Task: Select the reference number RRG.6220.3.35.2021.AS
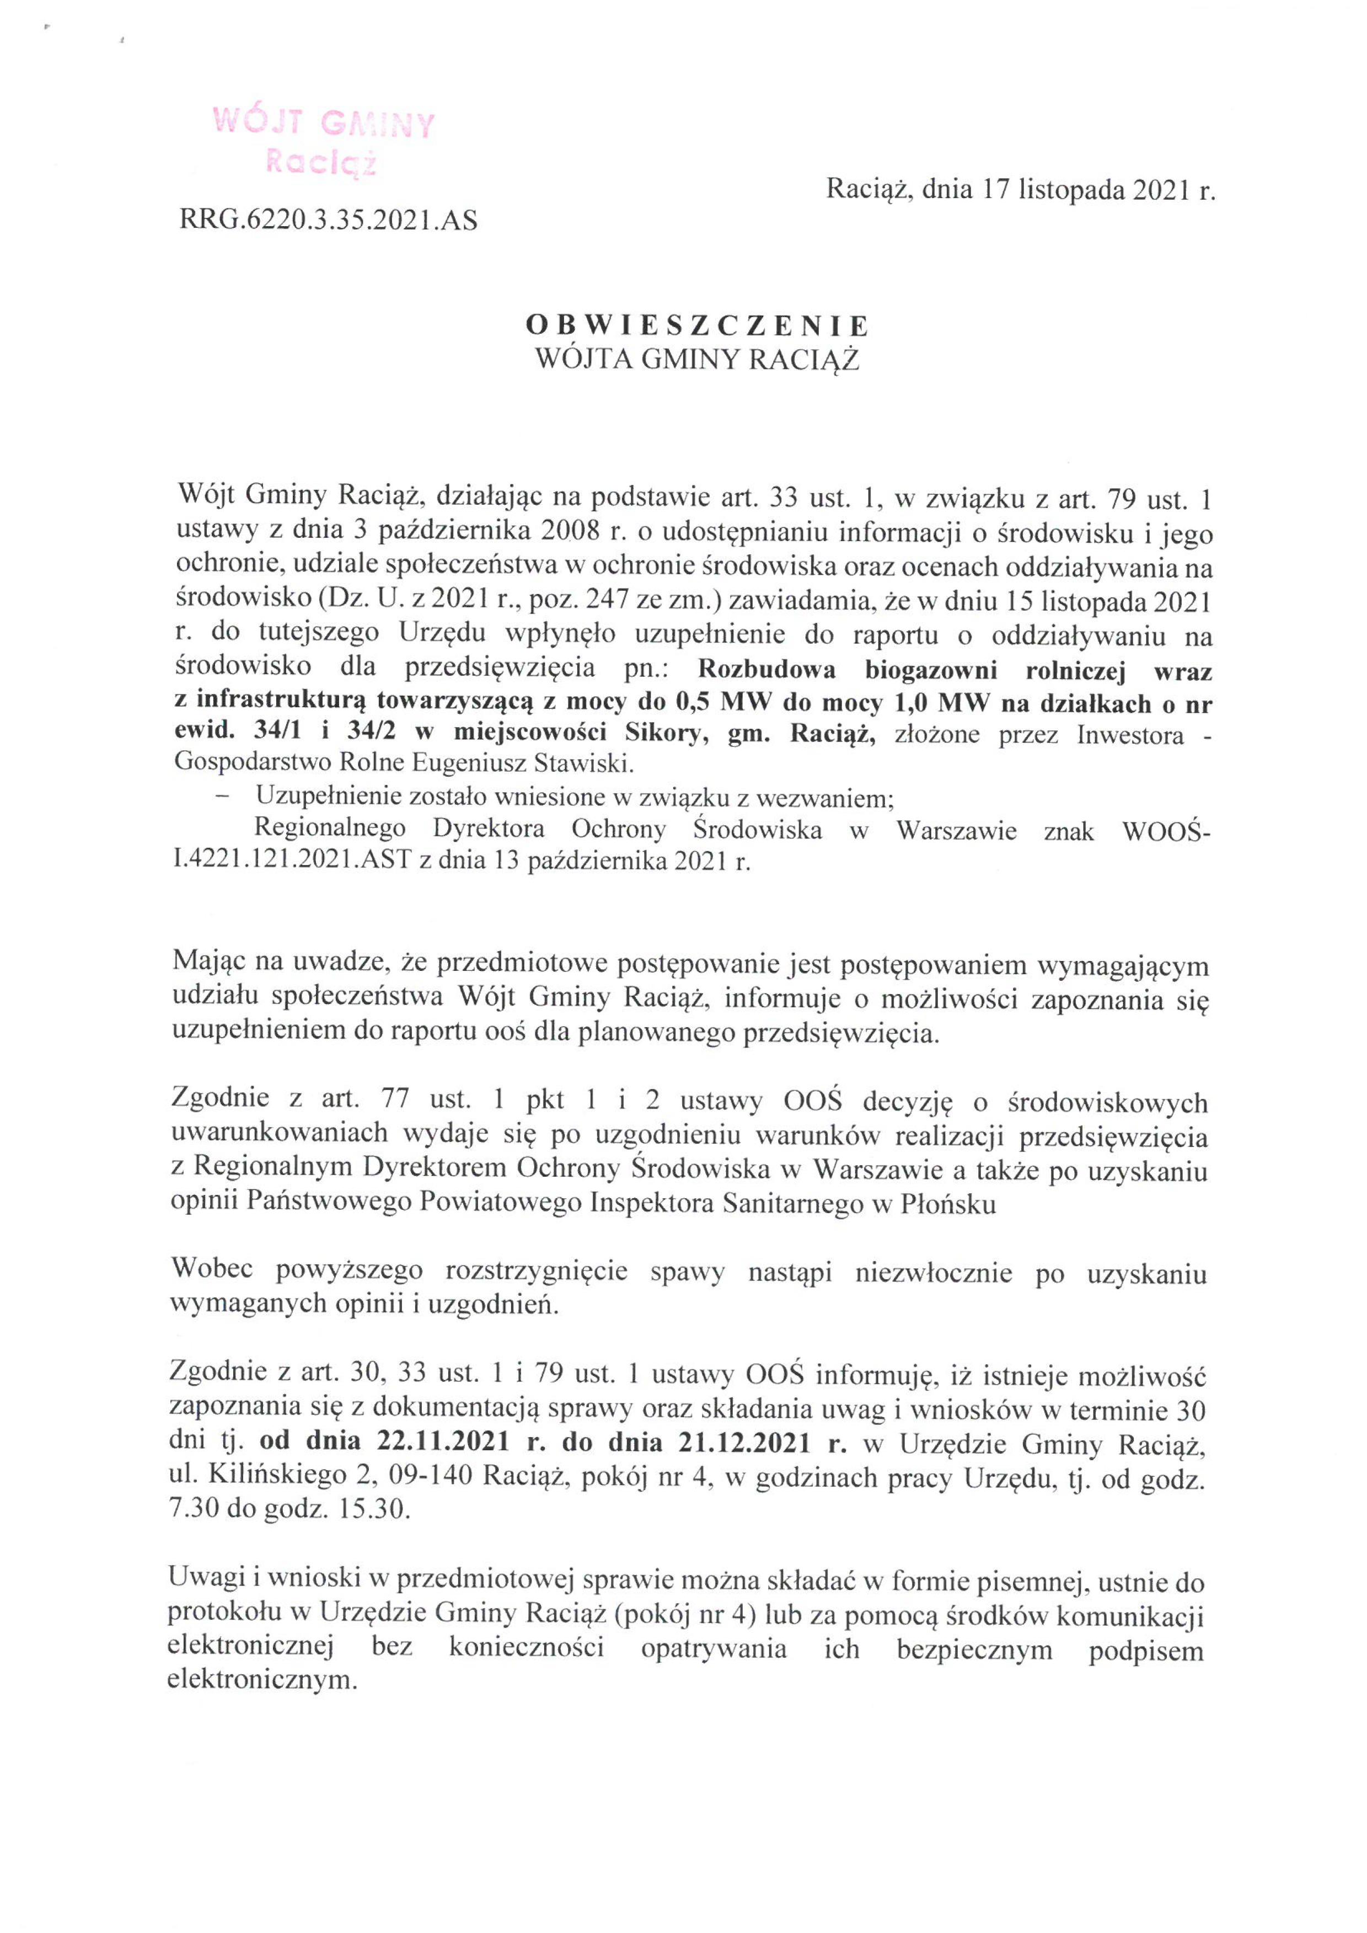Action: pos(328,221)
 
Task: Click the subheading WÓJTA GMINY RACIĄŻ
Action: pos(697,360)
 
